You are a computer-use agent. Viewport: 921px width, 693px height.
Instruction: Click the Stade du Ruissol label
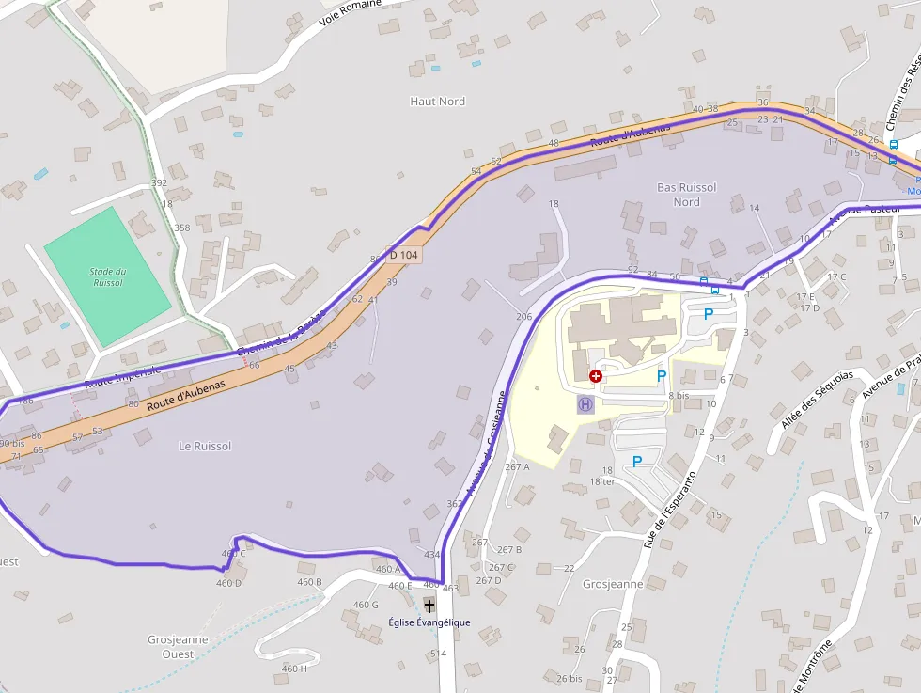(108, 276)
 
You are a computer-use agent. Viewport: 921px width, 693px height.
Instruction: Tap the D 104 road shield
(403, 255)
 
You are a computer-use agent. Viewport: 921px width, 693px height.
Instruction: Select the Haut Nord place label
(438, 102)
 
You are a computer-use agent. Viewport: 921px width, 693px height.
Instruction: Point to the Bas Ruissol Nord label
(687, 195)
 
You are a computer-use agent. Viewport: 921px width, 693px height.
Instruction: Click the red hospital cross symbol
(596, 376)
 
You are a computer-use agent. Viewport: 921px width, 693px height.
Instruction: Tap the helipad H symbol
(585, 404)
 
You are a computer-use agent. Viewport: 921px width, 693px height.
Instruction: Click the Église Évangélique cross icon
(429, 605)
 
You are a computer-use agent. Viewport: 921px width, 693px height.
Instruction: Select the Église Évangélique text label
(429, 622)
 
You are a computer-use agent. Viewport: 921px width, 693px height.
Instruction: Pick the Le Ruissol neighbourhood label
(205, 446)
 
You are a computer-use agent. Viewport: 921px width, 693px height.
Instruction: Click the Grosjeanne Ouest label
(178, 647)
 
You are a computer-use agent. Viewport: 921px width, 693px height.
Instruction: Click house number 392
(159, 182)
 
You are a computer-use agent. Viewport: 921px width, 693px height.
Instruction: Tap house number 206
(523, 317)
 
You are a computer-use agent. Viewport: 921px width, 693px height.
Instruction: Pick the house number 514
(438, 654)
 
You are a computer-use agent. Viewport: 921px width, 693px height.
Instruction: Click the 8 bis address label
(679, 396)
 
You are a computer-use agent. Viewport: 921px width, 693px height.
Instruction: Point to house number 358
(181, 228)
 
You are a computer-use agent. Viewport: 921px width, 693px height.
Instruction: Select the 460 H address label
(294, 669)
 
